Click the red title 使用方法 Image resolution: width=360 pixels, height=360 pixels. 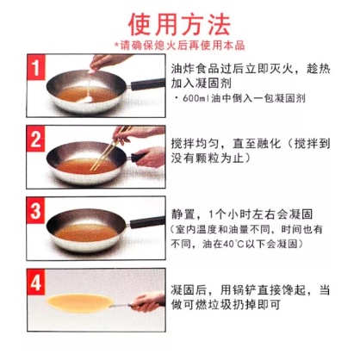click(x=180, y=24)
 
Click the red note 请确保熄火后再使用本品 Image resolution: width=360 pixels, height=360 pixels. click(x=181, y=46)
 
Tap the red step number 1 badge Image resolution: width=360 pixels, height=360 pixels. click(x=36, y=67)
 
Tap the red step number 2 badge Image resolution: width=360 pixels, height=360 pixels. click(x=36, y=140)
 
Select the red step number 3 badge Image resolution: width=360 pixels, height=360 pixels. click(x=36, y=210)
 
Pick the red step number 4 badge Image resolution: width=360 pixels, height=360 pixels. click(x=36, y=282)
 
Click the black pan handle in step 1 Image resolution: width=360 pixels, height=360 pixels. click(x=147, y=84)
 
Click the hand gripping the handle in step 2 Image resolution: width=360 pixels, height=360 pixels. click(x=151, y=157)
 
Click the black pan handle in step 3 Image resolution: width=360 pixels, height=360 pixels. click(x=147, y=222)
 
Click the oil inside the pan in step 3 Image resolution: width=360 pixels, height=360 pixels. click(x=86, y=232)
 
